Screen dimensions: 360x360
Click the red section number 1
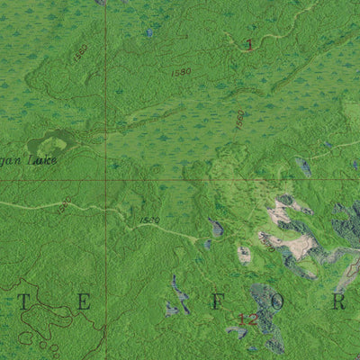click(249, 44)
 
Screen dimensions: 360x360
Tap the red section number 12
click(247, 318)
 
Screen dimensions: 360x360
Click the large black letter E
click(83, 302)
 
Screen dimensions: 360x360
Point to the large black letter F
click(217, 302)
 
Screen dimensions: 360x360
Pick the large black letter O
click(278, 302)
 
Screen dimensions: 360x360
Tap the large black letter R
click(339, 302)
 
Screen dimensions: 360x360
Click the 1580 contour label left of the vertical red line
click(81, 52)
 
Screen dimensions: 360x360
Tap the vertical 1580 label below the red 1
click(239, 120)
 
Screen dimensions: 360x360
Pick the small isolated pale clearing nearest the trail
click(244, 255)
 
